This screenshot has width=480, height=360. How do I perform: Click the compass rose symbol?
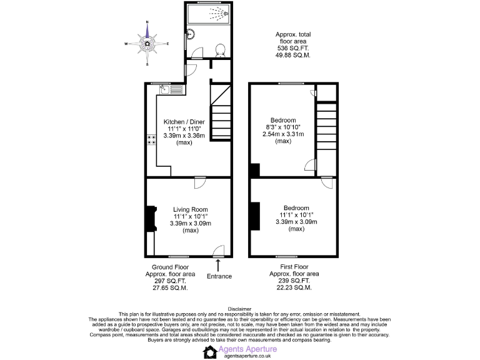coord(147,43)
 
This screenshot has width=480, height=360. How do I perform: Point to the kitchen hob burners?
coord(151,140)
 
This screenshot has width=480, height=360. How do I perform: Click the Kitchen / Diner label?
coord(184,121)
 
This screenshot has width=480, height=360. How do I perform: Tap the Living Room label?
coord(191,209)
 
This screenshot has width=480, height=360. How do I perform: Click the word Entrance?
coord(219,276)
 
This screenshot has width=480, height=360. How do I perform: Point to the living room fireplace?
coord(150,219)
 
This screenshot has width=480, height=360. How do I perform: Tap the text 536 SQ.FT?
coord(292,48)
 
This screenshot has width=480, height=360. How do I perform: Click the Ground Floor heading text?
coord(170,267)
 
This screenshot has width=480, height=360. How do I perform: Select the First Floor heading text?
coord(294,267)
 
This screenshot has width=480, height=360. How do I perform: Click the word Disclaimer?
coord(239,308)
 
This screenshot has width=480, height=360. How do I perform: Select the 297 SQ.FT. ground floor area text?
coord(170,281)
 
